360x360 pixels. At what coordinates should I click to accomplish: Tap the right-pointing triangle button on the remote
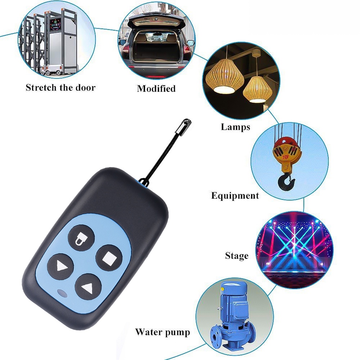[x=60, y=267]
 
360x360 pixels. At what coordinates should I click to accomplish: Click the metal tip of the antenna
[x=184, y=126]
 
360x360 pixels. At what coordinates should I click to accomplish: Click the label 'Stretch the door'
[x=60, y=87]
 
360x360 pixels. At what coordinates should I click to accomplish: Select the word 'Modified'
[x=156, y=89]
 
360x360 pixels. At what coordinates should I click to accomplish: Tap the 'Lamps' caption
[x=235, y=127]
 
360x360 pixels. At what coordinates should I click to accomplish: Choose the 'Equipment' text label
[x=235, y=195]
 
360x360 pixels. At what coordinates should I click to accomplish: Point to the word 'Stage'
[x=237, y=256]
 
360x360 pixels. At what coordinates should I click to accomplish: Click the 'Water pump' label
[x=163, y=332]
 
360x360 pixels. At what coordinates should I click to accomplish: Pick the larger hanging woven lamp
[x=225, y=76]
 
